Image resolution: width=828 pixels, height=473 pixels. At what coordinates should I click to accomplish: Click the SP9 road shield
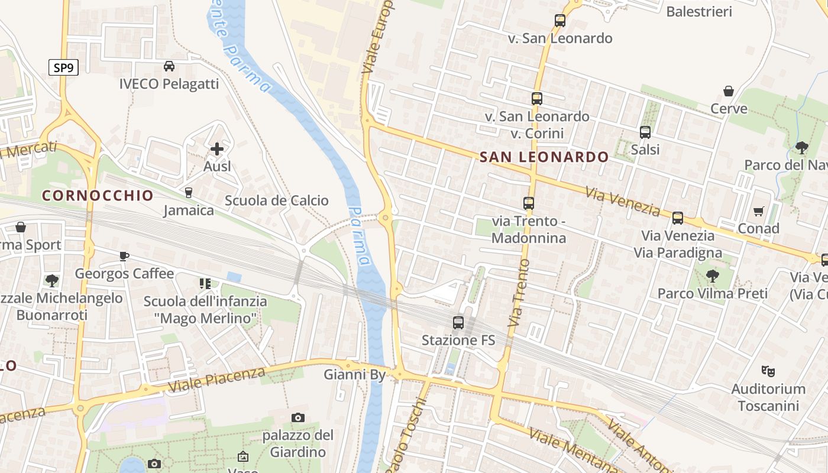tap(63, 67)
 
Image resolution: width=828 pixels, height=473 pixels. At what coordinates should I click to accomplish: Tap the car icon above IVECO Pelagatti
tap(169, 66)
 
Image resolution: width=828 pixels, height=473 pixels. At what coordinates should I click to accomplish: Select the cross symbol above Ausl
tap(217, 149)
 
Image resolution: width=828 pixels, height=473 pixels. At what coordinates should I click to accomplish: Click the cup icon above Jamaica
tap(189, 192)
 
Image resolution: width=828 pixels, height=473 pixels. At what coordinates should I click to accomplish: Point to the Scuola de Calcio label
tap(276, 200)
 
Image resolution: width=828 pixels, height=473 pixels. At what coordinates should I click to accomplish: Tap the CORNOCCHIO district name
tap(98, 196)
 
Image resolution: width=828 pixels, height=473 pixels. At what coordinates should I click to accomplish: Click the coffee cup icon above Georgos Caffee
tap(124, 256)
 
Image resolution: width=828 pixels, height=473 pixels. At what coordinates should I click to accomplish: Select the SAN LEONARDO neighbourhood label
tap(544, 157)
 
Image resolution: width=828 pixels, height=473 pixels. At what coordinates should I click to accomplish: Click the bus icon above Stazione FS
tap(458, 322)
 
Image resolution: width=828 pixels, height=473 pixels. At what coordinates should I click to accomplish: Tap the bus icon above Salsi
tap(645, 132)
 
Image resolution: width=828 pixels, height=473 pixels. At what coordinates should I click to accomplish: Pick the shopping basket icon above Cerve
tap(729, 91)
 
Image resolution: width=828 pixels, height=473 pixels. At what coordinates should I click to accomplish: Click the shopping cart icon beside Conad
tap(758, 211)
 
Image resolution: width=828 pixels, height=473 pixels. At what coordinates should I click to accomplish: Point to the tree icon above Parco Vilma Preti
tap(713, 276)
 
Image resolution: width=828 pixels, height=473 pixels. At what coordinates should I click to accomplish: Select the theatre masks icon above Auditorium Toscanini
tap(768, 371)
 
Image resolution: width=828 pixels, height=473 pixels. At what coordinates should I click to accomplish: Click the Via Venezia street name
tap(623, 201)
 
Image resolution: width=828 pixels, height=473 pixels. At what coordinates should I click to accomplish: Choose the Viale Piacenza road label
tap(216, 379)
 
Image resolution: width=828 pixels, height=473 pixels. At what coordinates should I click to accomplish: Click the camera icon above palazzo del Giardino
tap(298, 418)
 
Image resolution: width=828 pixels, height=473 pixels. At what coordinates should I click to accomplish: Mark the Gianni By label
tap(354, 374)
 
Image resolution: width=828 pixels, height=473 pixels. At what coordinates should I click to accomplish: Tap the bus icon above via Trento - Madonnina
tap(529, 203)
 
